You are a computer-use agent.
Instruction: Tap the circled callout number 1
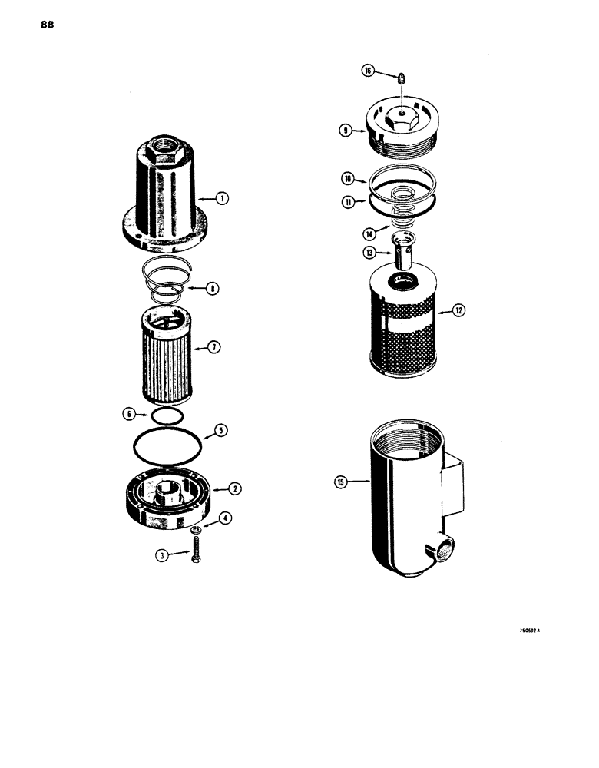coord(221,199)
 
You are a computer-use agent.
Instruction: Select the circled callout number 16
coord(368,71)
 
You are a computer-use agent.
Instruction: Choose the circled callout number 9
coord(346,131)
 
